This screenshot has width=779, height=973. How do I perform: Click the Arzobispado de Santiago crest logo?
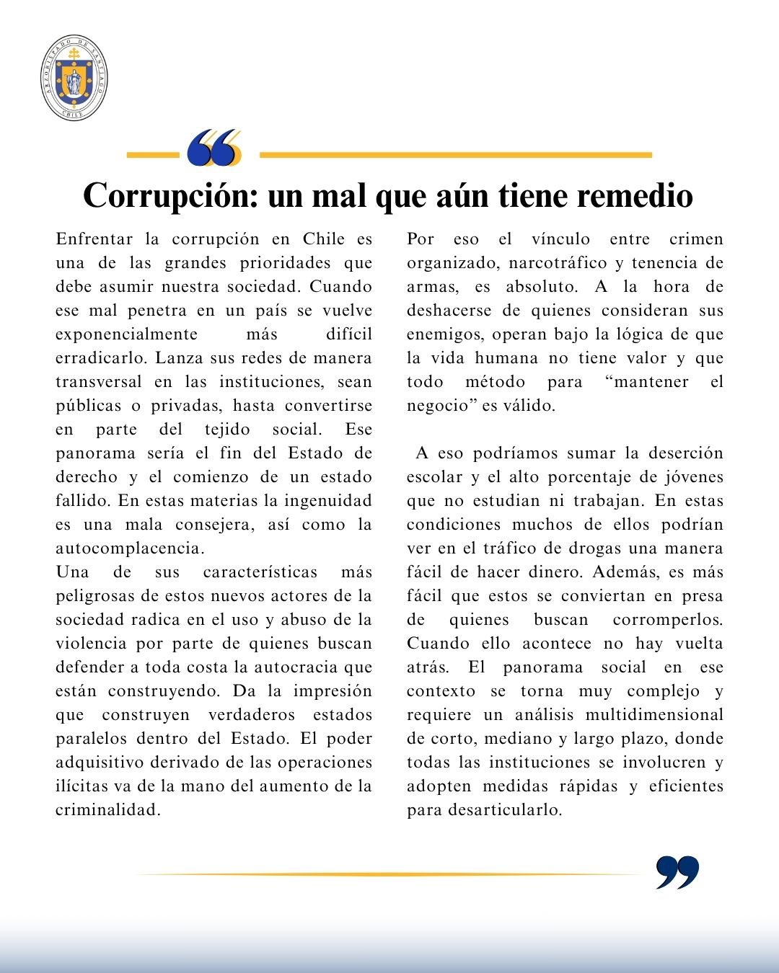coord(74,78)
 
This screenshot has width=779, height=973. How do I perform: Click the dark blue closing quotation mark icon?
coord(677,872)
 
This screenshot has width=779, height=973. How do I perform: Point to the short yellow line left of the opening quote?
coord(152,154)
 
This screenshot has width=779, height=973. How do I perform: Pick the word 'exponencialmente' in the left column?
coord(127,334)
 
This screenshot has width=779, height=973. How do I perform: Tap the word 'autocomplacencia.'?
coord(131,548)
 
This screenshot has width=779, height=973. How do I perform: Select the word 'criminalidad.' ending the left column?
coord(107,810)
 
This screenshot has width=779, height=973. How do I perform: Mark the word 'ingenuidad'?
coord(328,501)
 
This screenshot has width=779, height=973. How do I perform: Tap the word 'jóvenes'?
coord(692,477)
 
